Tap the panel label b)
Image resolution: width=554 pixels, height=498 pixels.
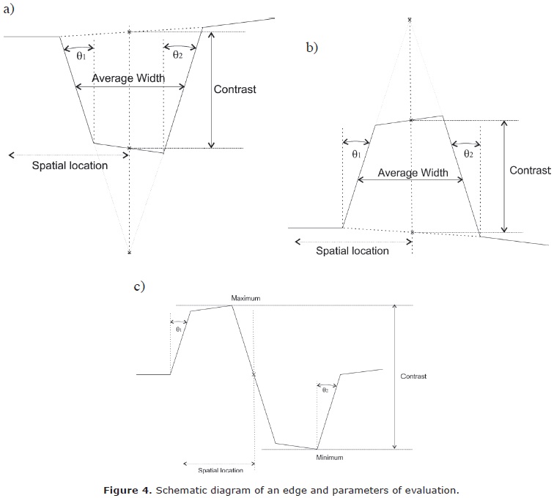[312, 48]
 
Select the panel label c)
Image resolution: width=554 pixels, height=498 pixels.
[139, 286]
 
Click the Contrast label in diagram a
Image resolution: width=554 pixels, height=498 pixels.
[234, 90]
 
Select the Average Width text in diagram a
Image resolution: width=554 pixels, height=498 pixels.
[129, 78]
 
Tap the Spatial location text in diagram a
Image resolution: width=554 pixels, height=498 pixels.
[70, 166]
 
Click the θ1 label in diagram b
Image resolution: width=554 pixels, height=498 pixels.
[357, 155]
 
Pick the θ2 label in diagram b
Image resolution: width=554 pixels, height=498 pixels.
[468, 155]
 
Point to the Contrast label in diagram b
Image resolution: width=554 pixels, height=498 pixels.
[530, 170]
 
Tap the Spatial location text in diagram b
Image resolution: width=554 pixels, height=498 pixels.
[352, 250]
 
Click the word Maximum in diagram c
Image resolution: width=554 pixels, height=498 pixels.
[245, 299]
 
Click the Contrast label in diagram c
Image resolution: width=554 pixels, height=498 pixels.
[413, 376]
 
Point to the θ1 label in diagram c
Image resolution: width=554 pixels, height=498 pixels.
[178, 329]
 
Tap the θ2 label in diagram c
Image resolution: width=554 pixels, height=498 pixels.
[325, 390]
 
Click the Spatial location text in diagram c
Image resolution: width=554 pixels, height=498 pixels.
[221, 470]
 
